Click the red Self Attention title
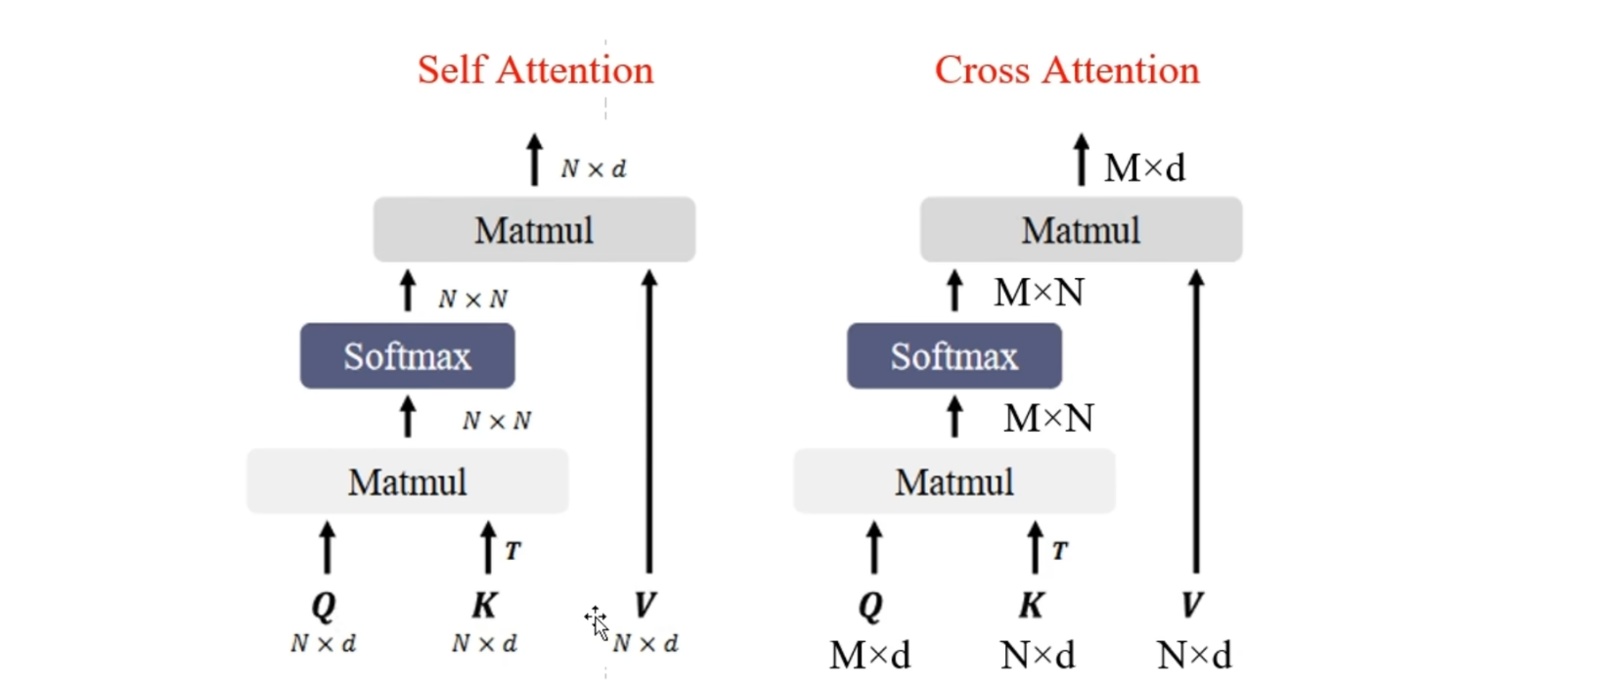coord(536,70)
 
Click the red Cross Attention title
coord(1067,70)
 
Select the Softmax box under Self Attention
coord(407,356)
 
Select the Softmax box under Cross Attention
coord(955,356)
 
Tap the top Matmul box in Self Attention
coord(534,229)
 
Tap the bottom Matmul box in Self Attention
coord(407,481)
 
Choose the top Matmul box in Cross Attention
coord(1082,229)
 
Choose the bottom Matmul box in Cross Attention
coord(955,481)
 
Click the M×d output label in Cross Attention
coord(1145,168)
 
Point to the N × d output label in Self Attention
coord(594,169)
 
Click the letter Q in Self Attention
coord(324,607)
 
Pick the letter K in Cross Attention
coord(1032,606)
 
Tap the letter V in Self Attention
coord(645,606)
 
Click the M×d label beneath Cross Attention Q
coord(870,656)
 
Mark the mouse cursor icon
coord(598,623)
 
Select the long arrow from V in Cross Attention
coord(1196,421)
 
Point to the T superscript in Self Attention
coord(512,550)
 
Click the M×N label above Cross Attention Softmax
coord(1040,293)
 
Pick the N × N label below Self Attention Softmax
coord(497,421)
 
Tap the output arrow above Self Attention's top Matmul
coord(534,161)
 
